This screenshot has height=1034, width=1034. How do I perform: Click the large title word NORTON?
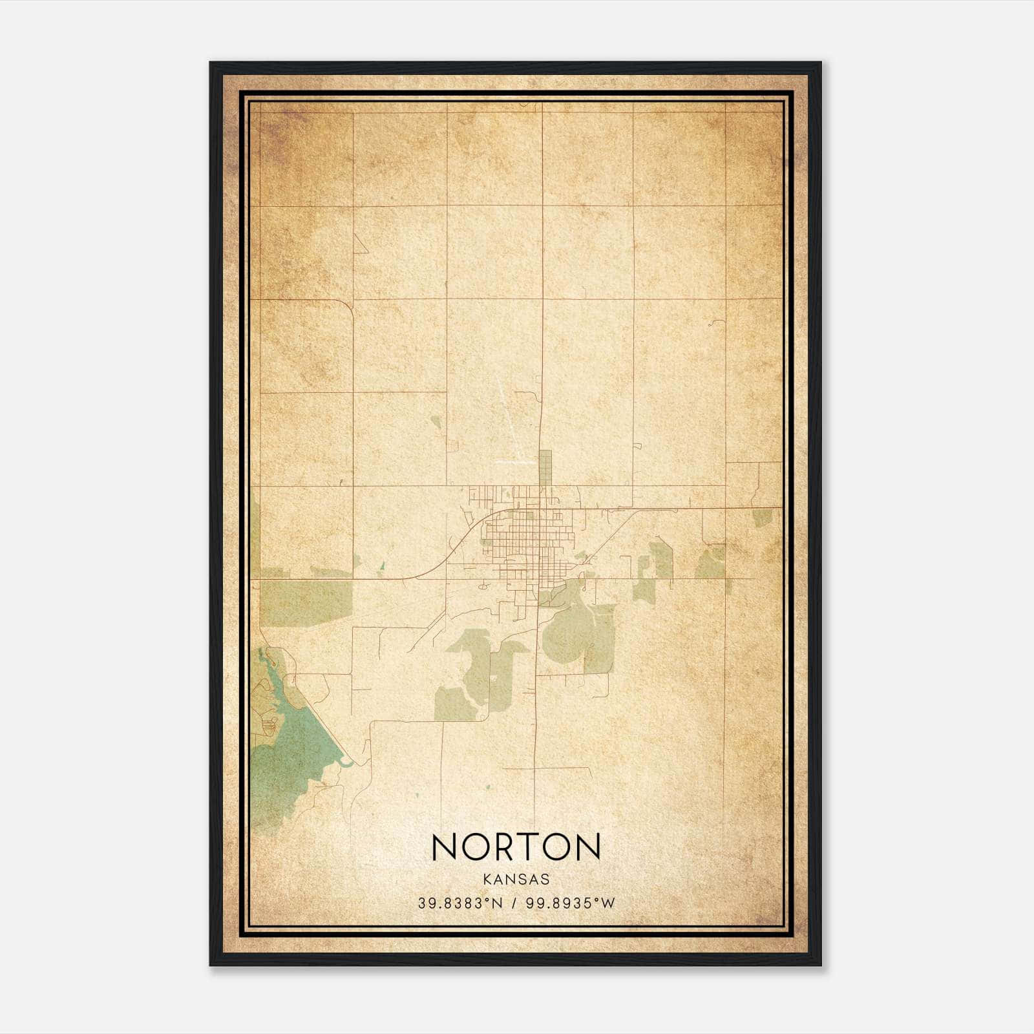tap(516, 847)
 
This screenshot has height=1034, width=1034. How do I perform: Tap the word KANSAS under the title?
tap(516, 880)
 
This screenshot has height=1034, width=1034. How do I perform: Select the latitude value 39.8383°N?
tap(459, 903)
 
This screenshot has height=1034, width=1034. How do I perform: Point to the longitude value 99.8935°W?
tap(569, 903)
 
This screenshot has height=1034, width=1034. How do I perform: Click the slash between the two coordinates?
tap(514, 903)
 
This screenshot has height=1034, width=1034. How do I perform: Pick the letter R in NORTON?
tap(501, 847)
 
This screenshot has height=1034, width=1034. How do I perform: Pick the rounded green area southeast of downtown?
tap(569, 630)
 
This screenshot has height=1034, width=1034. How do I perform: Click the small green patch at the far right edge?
tap(763, 517)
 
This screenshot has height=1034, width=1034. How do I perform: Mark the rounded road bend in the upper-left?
tap(347, 306)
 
